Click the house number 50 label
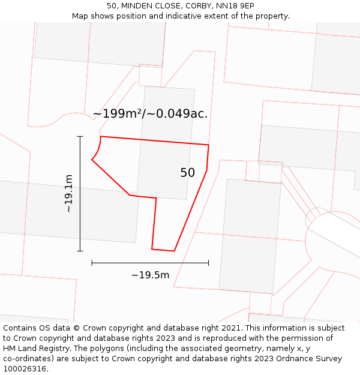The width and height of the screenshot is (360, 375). pos(187,173)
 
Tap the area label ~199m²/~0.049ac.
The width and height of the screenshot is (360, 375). pos(150,113)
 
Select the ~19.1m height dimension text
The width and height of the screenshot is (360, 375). pos(68,193)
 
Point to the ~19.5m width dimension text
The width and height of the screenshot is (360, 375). pos(150,275)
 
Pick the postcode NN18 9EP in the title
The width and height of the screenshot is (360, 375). pos(233,6)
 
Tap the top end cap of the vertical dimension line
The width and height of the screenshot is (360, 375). pos(80,136)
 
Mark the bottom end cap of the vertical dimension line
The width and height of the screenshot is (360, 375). pos(80,251)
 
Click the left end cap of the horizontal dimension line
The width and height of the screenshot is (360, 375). pos(92,263)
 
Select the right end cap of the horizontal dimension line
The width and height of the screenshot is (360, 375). pos(208,263)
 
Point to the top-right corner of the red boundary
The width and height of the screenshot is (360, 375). pos(208,145)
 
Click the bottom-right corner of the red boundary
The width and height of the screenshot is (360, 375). pos(174,251)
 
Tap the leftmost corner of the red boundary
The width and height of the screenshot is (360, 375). pos(92,160)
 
